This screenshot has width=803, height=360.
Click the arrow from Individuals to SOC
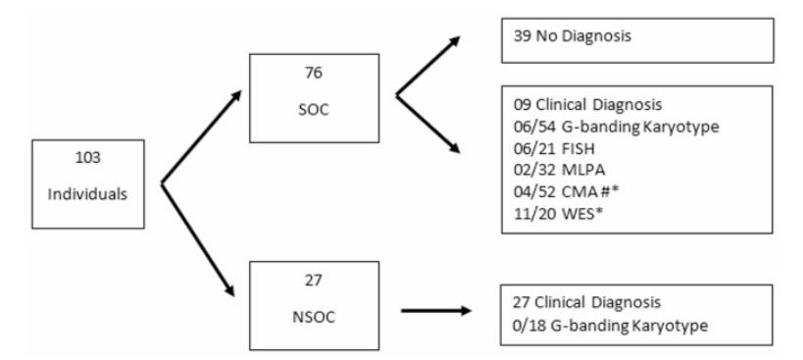(202, 137)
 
